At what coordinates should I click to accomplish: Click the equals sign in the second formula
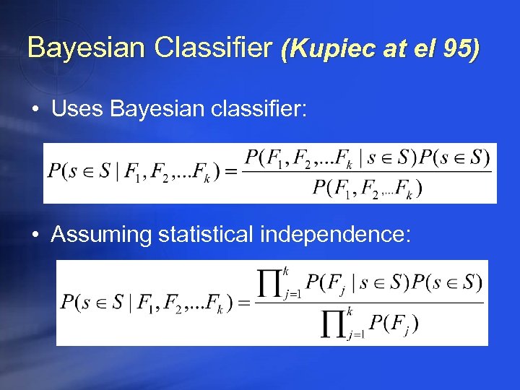[x=243, y=302]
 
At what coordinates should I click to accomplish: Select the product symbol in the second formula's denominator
[x=334, y=324]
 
